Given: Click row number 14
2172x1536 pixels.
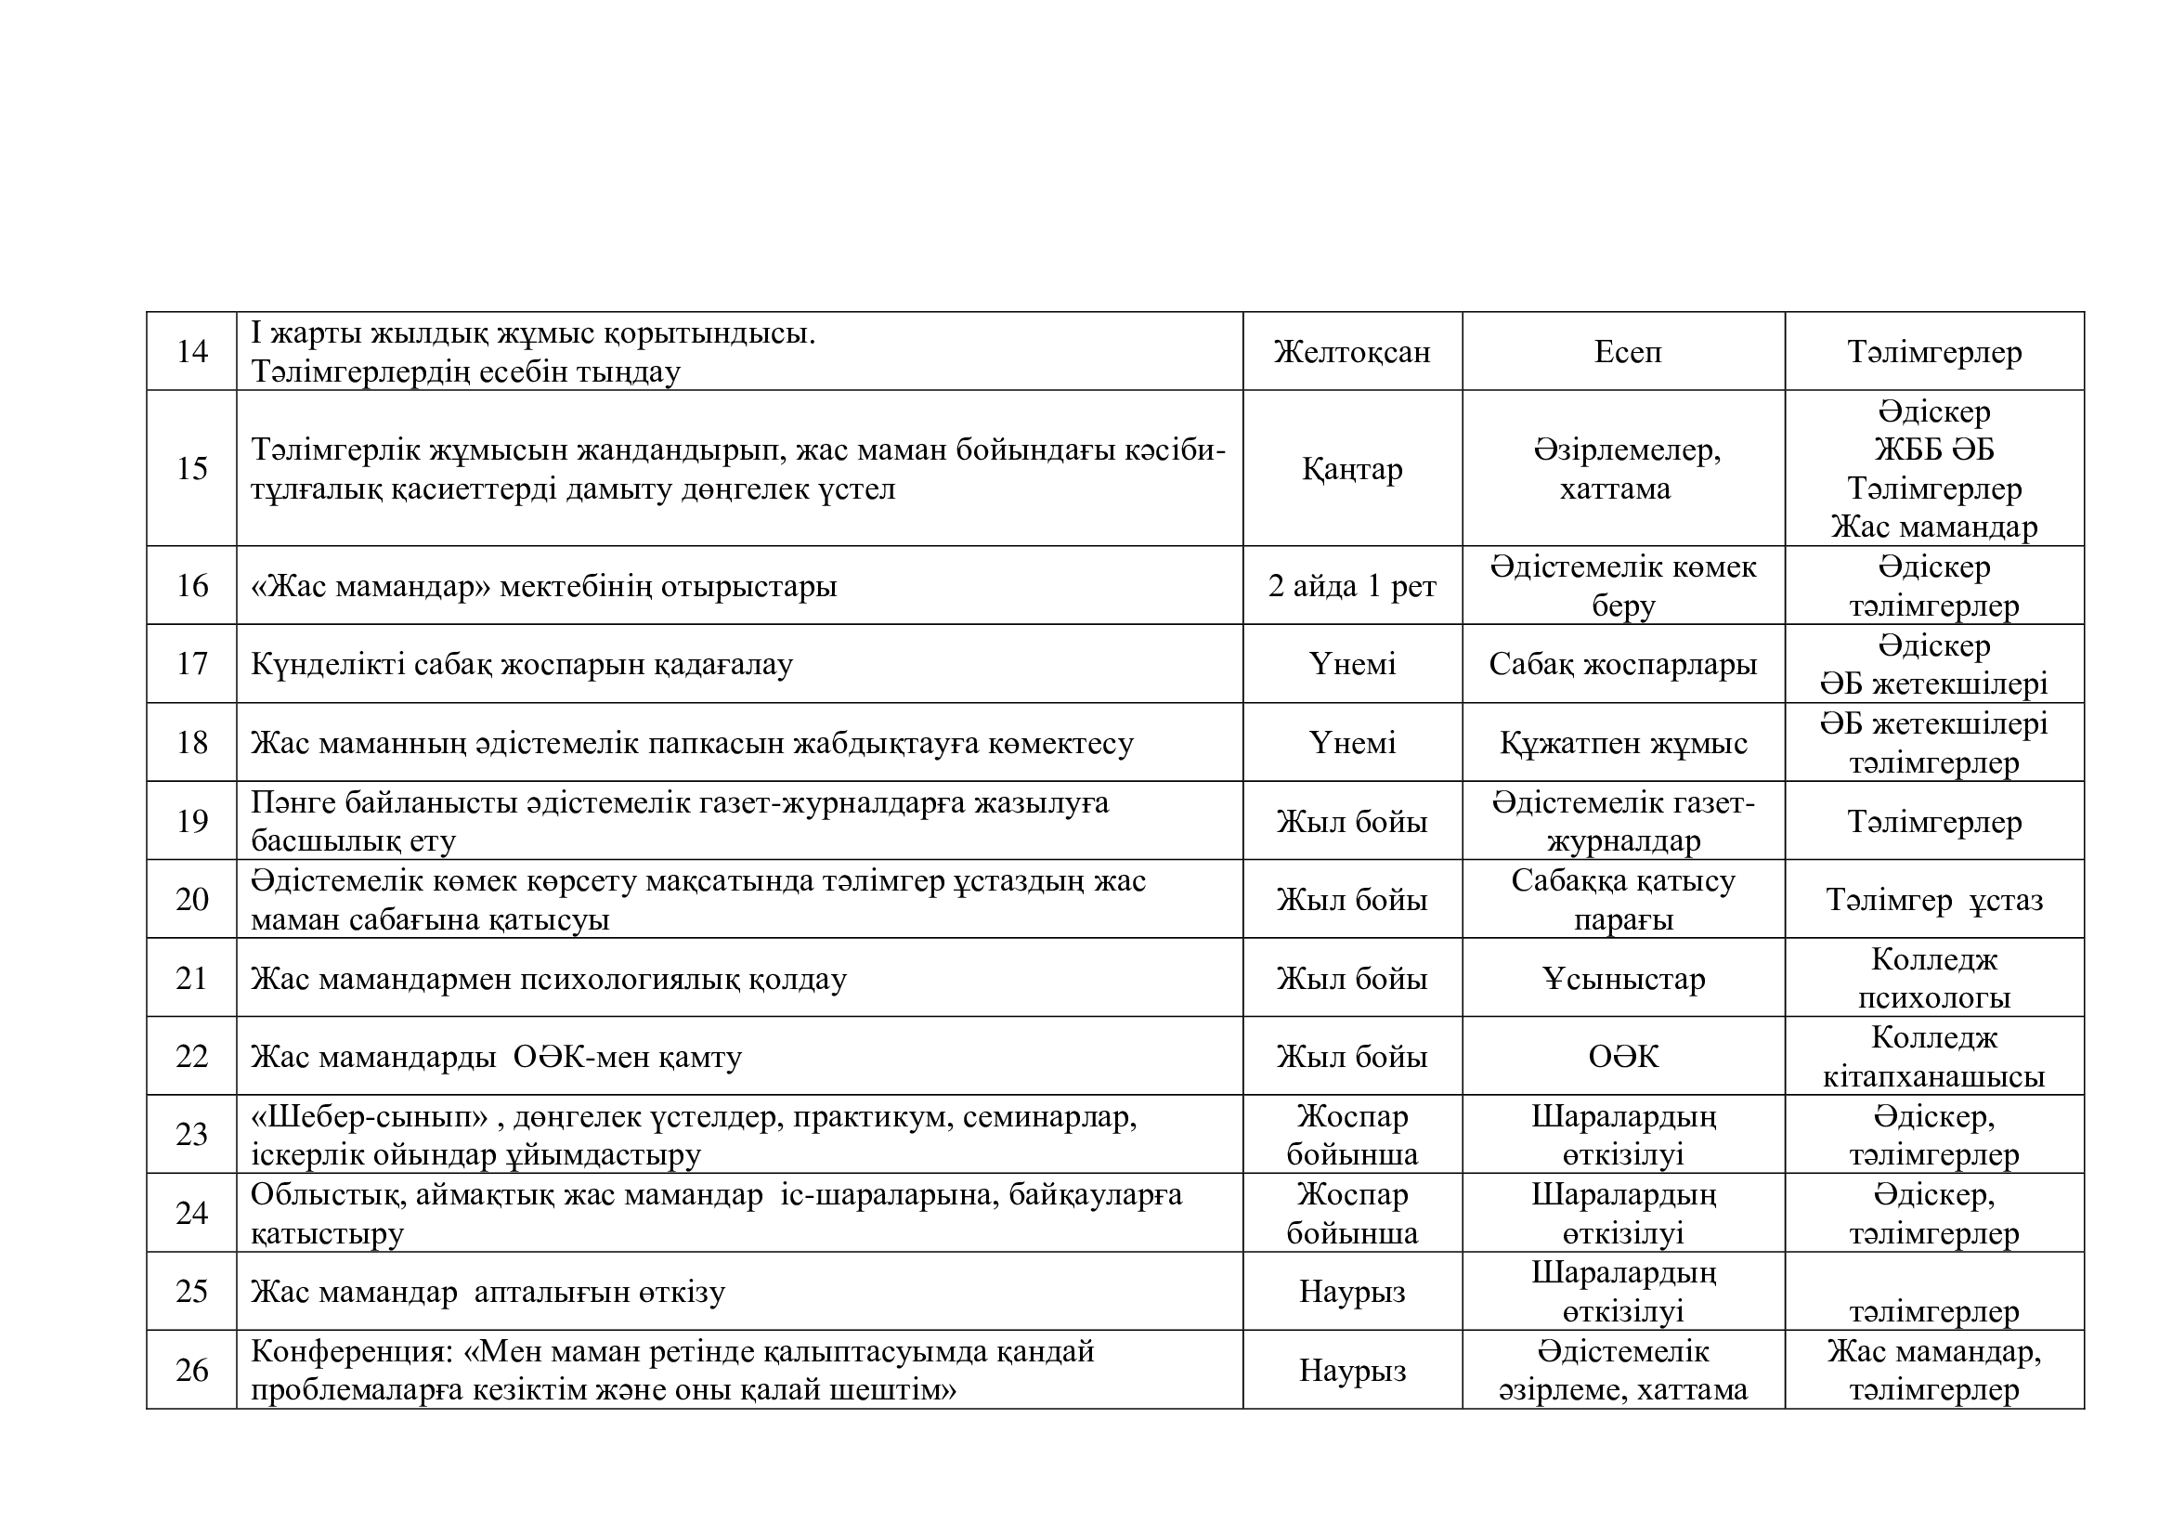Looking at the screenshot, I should [x=192, y=352].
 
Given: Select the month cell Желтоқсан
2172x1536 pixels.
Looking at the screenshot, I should [x=1352, y=352].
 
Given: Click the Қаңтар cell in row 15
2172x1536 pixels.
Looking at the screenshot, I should [x=1352, y=469].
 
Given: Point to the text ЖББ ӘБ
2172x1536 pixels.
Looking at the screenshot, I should [x=1933, y=449].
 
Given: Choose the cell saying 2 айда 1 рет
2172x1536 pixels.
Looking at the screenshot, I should [x=1352, y=586].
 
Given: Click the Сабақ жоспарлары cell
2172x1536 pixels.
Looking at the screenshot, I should [x=1622, y=664].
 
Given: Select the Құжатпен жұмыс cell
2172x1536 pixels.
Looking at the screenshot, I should [x=1622, y=744].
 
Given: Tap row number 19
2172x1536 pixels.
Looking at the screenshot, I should [x=192, y=821].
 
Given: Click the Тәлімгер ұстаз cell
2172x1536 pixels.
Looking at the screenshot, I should [x=1933, y=900].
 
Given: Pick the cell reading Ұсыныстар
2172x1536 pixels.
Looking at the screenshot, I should [x=1623, y=978].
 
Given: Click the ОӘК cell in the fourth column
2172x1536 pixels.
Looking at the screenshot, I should [x=1623, y=1057].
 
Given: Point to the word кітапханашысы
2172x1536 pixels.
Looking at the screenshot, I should [x=1933, y=1076].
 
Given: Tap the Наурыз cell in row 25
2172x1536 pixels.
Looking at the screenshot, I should [x=1352, y=1292].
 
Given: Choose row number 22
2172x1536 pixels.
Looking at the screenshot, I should [x=192, y=1057].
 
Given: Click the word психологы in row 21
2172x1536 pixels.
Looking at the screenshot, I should [x=1933, y=997].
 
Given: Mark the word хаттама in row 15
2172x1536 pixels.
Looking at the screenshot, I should [x=1615, y=489].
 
